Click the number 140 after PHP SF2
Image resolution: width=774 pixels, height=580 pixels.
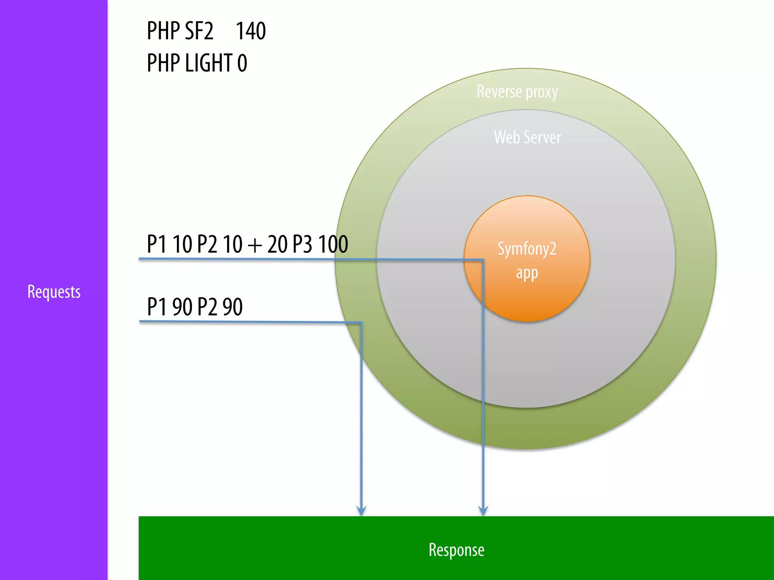251,31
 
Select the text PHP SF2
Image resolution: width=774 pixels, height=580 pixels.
180,31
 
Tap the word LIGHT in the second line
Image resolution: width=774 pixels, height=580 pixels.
208,63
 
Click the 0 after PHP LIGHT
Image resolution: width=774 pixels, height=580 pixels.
242,63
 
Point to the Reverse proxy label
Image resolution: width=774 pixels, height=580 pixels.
517,92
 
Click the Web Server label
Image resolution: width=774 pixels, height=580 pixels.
527,137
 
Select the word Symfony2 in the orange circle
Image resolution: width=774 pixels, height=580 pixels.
527,249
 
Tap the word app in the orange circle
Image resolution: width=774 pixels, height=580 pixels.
527,273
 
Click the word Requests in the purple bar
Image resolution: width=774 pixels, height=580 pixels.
54,292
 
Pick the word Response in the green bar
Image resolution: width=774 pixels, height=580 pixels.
456,550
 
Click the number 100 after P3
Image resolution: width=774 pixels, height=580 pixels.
333,244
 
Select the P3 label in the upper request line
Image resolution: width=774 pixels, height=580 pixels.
302,244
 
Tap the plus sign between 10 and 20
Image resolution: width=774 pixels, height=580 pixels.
255,245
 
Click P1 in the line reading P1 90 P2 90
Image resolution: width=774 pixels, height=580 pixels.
156,307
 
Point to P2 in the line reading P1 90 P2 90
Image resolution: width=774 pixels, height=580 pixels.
207,307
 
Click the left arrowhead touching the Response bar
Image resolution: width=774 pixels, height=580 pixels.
361,511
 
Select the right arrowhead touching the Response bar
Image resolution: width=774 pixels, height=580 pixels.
483,511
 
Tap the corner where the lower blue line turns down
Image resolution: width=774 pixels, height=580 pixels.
361,322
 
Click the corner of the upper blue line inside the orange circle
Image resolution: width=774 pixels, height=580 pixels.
483,260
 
